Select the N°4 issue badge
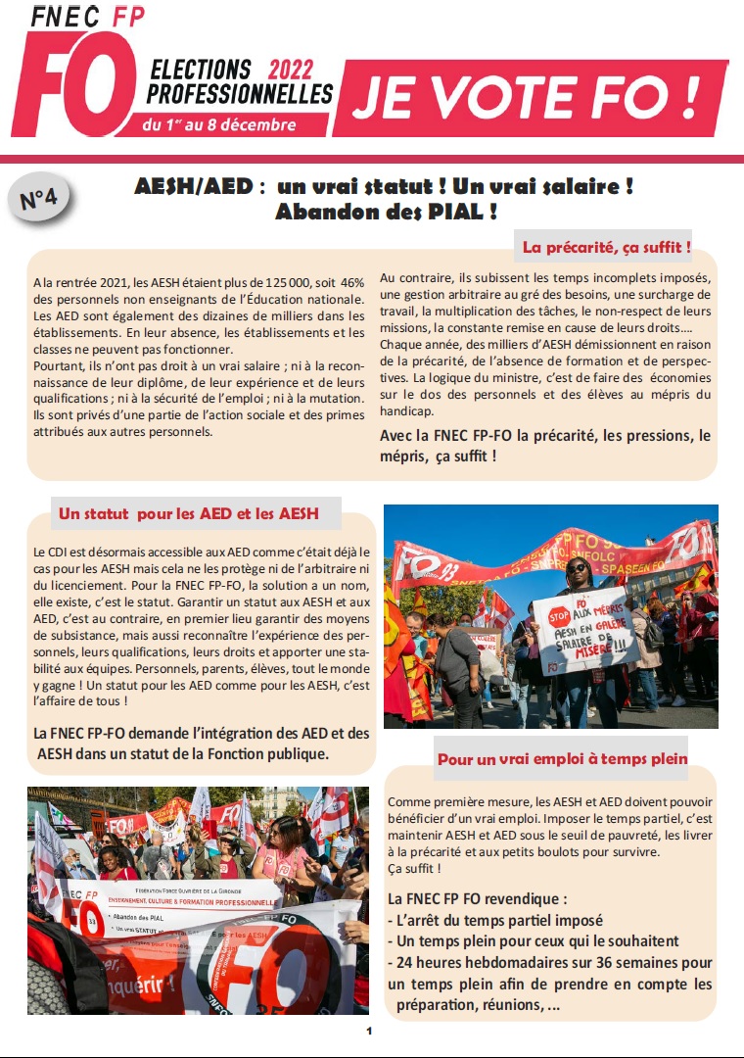click(x=38, y=199)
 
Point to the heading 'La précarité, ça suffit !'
click(x=607, y=248)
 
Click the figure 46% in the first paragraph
click(x=349, y=282)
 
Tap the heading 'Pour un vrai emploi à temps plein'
click(x=562, y=758)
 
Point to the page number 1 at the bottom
click(x=370, y=1031)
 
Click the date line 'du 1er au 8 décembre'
click(x=218, y=124)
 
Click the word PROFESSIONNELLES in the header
click(x=240, y=94)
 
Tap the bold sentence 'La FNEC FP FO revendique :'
click(x=478, y=898)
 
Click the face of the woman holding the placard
click(x=577, y=570)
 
